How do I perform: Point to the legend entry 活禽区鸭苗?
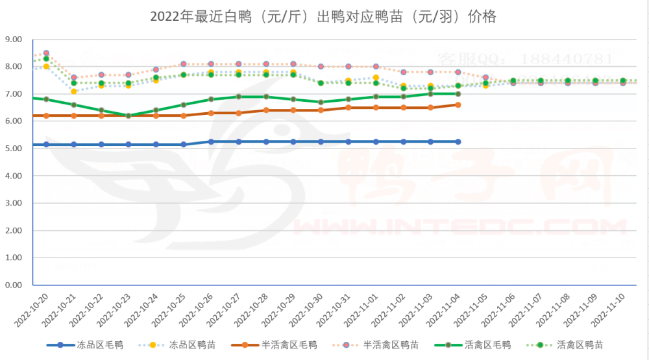point(583,344)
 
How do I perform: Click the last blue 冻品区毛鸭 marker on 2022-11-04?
point(458,141)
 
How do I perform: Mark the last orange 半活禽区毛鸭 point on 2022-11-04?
point(458,104)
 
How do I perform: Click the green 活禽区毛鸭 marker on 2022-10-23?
point(129,115)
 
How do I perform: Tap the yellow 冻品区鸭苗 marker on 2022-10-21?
point(74,91)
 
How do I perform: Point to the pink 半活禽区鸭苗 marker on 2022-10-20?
point(46,53)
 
